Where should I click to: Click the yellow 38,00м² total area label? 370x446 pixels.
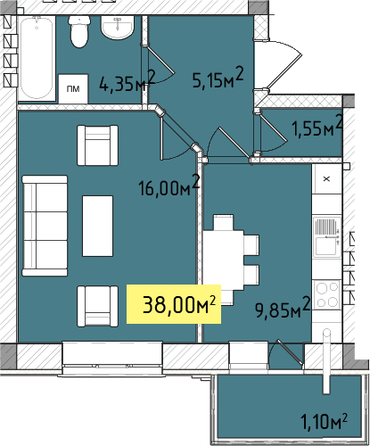174,304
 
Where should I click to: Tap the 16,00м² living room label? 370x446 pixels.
169,186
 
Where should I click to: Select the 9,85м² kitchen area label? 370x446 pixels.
283,308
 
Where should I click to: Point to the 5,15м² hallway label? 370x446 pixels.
218,78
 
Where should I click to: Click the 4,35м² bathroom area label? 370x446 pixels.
127,81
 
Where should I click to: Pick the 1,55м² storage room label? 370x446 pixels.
317,126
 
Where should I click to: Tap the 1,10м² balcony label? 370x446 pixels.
324,421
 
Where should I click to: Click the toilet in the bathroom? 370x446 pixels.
79,31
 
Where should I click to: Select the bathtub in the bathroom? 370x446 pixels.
37,58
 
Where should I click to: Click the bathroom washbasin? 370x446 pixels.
118,28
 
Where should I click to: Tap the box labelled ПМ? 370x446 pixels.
73,88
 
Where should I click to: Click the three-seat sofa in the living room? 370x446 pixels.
45,226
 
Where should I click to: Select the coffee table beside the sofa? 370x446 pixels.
97,226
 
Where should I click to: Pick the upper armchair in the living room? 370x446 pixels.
97,145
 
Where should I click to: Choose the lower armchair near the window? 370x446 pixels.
97,306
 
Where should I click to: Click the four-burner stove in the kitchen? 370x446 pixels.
327,294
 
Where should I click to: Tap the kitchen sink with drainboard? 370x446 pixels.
327,236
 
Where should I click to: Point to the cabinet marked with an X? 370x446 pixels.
326,179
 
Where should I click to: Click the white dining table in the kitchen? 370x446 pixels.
224,260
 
